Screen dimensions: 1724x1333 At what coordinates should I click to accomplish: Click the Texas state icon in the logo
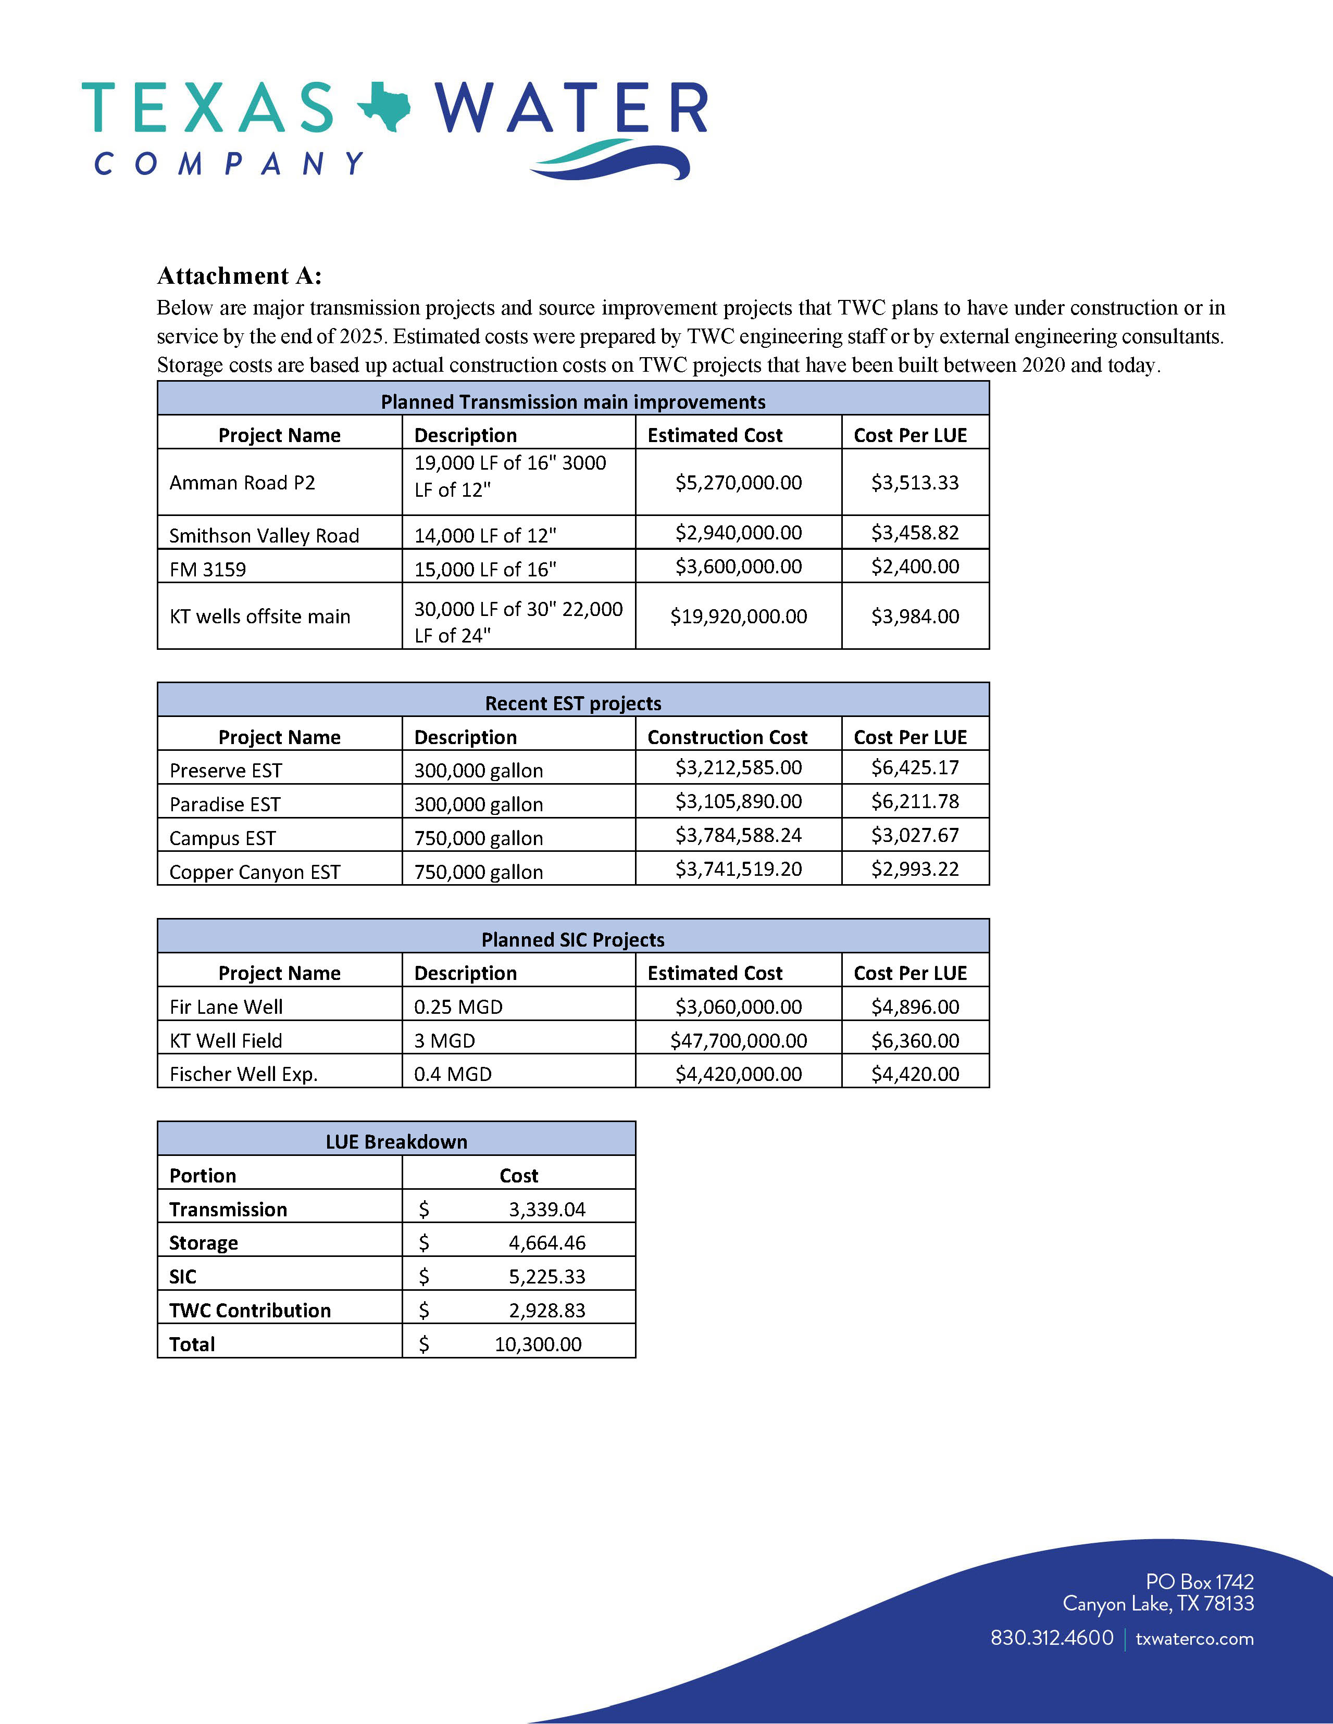pyautogui.click(x=384, y=107)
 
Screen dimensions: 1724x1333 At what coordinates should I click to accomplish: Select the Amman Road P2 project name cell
pyautogui.click(x=242, y=482)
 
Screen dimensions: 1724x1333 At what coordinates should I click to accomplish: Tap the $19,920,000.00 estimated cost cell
pyautogui.click(x=738, y=616)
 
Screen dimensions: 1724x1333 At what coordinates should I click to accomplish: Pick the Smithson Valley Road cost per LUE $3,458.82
pyautogui.click(x=915, y=533)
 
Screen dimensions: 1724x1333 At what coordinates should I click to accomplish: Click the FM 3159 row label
pyautogui.click(x=208, y=569)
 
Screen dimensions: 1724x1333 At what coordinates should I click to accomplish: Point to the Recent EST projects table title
pyautogui.click(x=572, y=703)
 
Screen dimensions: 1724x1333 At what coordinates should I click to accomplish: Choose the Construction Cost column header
pyautogui.click(x=727, y=737)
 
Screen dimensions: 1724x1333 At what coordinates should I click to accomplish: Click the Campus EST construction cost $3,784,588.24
pyautogui.click(x=738, y=835)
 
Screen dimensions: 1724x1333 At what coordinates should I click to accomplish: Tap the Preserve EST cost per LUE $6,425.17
pyautogui.click(x=915, y=767)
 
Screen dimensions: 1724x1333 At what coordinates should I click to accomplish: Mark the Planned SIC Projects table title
pyautogui.click(x=572, y=939)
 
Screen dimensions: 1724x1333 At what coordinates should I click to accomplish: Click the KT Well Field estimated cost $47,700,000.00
pyautogui.click(x=738, y=1040)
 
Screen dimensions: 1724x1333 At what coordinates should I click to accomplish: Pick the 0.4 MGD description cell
pyautogui.click(x=453, y=1074)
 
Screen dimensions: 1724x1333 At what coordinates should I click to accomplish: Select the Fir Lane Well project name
pyautogui.click(x=226, y=1006)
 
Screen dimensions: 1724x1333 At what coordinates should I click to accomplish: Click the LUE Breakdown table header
pyautogui.click(x=396, y=1141)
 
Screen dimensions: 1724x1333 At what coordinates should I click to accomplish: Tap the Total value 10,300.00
pyautogui.click(x=538, y=1344)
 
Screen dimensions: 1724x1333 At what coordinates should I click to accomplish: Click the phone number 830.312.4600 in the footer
pyautogui.click(x=1052, y=1638)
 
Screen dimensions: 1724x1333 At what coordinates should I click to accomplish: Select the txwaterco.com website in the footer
pyautogui.click(x=1194, y=1638)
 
